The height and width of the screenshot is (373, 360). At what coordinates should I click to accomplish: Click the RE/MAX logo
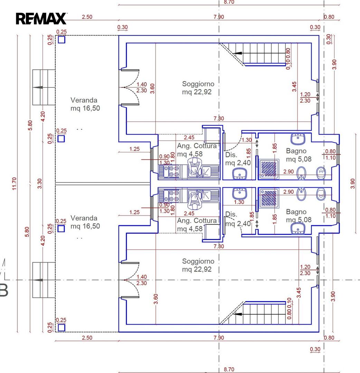[41, 19]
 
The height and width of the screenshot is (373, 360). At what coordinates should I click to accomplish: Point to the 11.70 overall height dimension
[14, 184]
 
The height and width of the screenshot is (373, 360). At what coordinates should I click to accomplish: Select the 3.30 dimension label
[39, 184]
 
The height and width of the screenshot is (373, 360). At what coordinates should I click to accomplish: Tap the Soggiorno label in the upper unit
[198, 84]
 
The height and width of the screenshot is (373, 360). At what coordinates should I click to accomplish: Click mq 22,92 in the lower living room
[197, 269]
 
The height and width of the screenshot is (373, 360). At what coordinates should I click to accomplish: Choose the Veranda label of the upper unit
[84, 100]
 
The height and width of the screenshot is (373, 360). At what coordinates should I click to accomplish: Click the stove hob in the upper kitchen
[171, 172]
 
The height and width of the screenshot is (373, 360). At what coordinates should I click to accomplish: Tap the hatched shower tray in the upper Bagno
[269, 169]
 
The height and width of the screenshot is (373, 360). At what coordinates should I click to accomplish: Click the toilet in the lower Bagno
[321, 194]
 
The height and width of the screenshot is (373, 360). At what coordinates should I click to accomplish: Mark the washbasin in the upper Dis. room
[240, 174]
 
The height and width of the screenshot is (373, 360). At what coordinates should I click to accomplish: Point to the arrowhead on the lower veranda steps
[38, 280]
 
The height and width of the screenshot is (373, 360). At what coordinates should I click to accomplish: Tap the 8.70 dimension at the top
[229, 2]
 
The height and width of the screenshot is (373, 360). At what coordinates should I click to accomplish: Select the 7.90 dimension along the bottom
[219, 337]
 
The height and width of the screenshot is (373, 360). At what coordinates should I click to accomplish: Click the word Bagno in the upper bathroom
[296, 151]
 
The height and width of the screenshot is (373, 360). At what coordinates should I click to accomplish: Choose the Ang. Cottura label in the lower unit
[197, 220]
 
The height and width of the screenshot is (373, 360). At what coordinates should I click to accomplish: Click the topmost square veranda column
[61, 39]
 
